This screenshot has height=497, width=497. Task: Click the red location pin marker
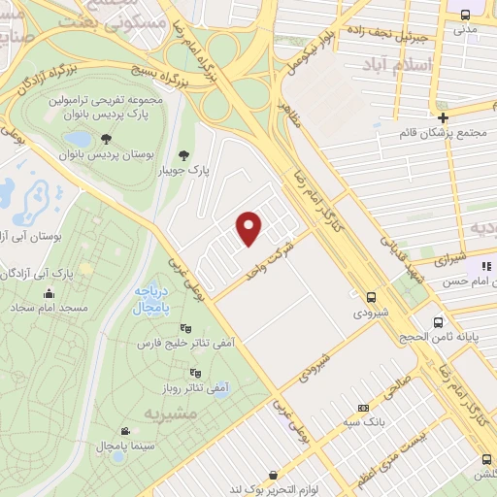[250, 226]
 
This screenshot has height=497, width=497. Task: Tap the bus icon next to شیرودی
[371, 297]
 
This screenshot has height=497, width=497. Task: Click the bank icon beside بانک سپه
[363, 408]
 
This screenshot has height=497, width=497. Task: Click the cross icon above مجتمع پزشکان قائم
[443, 116]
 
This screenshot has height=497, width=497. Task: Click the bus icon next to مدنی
[466, 14]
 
